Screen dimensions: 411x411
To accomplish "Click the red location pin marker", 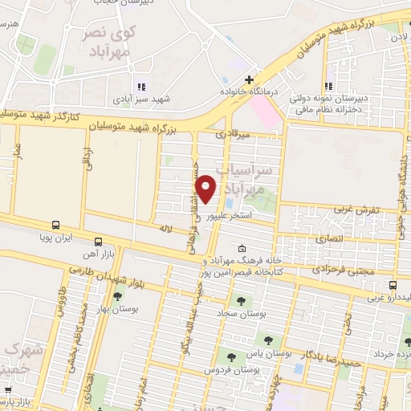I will (207, 189).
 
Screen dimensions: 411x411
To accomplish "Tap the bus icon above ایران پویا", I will (56, 226).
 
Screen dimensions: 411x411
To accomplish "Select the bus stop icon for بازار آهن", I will (98, 241).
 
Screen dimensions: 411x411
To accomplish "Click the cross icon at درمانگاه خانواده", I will (250, 79).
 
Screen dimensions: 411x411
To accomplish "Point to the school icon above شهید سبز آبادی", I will (141, 86).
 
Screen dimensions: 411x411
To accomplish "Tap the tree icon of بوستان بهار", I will (118, 296).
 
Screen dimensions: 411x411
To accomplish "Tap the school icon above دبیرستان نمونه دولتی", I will (328, 86).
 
